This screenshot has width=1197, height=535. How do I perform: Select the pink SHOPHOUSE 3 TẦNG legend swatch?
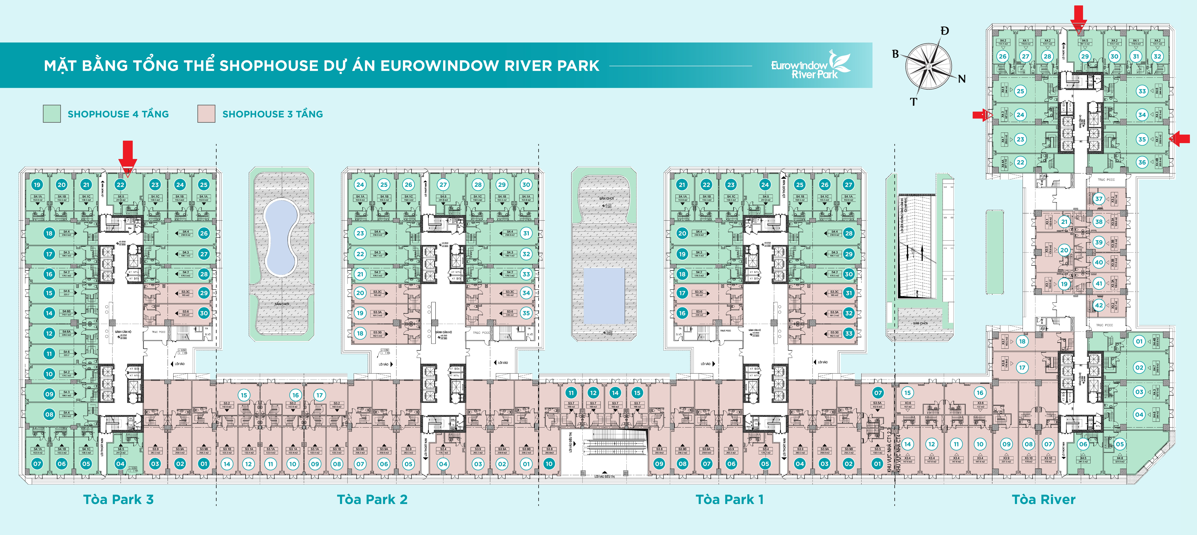[x=206, y=114]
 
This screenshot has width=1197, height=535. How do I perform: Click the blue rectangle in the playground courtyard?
[x=604, y=296]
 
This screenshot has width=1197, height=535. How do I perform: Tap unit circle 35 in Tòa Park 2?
[x=526, y=313]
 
